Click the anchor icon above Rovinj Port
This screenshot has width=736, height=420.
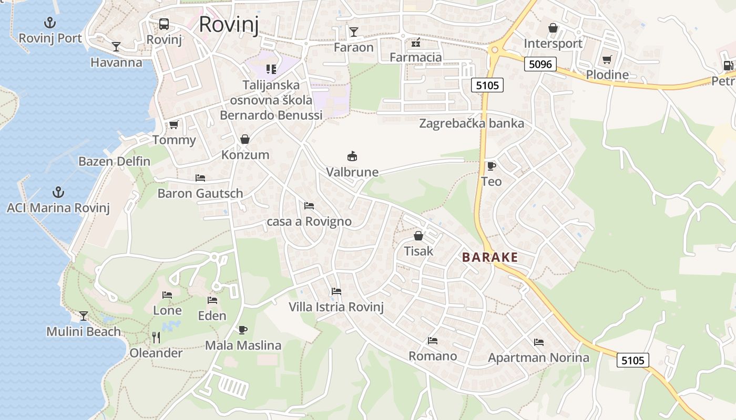coord(50,23)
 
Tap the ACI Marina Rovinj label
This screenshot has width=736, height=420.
coord(58,208)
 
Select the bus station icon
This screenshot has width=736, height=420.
coord(164,24)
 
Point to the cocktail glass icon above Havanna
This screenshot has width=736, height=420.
coord(116,47)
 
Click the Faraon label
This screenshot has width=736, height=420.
coord(354,47)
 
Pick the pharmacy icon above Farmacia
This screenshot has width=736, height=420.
coord(416,42)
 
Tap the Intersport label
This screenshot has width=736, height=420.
coord(553,44)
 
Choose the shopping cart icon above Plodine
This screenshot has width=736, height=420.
coord(607,60)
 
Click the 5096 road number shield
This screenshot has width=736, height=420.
coord(540,64)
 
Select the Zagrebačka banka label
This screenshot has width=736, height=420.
coord(472,123)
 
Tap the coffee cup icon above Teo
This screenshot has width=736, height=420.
coord(491,166)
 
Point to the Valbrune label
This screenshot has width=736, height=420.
coord(352,172)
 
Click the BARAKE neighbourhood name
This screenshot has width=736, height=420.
coord(490,257)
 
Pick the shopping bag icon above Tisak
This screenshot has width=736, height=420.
coord(418,236)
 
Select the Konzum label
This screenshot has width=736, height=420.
coord(245,155)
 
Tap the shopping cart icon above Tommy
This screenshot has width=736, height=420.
coord(174,125)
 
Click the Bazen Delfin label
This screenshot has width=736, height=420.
coord(115,161)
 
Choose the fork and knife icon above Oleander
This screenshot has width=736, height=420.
coord(156,338)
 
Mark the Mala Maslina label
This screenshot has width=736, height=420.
coord(243,345)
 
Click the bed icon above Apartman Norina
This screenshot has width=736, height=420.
coord(539,342)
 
